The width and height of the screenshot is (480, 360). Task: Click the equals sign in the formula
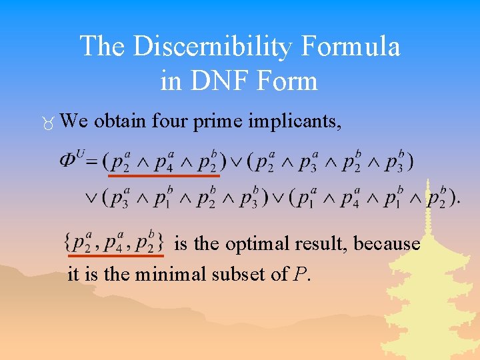tap(91, 161)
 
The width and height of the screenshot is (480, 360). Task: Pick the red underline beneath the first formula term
tap(164, 176)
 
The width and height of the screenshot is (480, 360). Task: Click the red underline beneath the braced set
tap(116, 255)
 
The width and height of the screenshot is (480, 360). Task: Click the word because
tap(387, 244)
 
